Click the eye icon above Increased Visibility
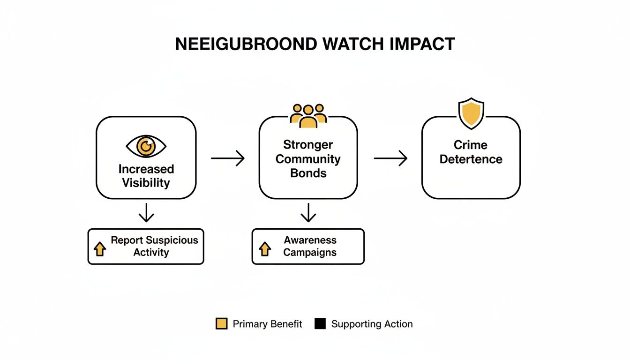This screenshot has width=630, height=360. click(x=146, y=147)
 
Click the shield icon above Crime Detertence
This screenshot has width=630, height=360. click(x=471, y=113)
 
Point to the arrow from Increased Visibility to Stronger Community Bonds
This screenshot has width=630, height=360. click(x=228, y=158)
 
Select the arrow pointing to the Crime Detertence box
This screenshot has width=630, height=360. click(x=390, y=158)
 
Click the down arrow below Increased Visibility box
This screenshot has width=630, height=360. click(x=146, y=214)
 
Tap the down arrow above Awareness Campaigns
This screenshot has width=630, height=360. click(x=308, y=214)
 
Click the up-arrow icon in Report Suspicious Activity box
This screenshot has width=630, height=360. click(x=100, y=249)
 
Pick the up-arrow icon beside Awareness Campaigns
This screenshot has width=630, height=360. click(x=265, y=249)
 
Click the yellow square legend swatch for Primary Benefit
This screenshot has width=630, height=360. click(x=221, y=323)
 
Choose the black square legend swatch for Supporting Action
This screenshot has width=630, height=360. click(x=320, y=323)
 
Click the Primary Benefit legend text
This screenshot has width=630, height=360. click(x=267, y=324)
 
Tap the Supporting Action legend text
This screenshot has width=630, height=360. click(x=372, y=324)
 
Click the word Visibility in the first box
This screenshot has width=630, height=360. click(x=146, y=183)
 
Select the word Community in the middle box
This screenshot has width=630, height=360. click(x=308, y=159)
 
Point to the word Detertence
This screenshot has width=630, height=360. click(x=471, y=159)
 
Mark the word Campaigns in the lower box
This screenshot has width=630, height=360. click(x=310, y=252)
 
